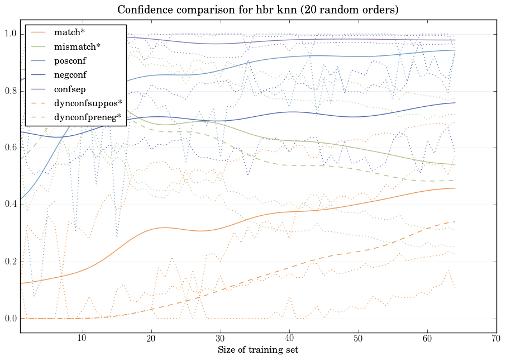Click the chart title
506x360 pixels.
pos(258,10)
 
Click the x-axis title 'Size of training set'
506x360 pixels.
pos(258,350)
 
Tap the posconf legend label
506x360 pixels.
pos(70,60)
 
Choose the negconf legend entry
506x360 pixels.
pos(70,74)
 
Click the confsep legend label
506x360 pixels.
pos(69,89)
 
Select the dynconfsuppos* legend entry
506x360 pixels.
pos(88,103)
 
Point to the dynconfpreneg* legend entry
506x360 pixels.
pos(88,117)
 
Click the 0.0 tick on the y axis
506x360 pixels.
pos(11,319)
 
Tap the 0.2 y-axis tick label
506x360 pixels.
pos(11,262)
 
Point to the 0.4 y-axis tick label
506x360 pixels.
pos(11,205)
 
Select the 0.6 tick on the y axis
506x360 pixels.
pos(11,148)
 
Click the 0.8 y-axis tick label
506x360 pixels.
pos(11,91)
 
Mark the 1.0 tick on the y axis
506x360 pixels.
pos(11,34)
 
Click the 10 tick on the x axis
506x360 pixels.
pos(82,339)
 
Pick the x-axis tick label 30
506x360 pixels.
pos(220,339)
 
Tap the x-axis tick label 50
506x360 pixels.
pos(358,339)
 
